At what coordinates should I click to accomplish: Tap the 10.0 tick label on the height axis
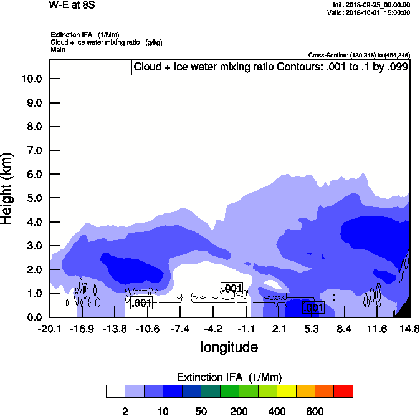(31, 79)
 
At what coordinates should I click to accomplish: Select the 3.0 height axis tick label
(31, 246)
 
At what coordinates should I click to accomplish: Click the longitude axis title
(229, 347)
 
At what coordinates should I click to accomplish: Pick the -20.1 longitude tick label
(49, 329)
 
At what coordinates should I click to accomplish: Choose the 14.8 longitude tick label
(409, 329)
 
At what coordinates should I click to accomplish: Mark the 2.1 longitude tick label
(279, 329)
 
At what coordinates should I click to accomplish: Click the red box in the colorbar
(343, 391)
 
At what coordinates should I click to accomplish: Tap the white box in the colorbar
(115, 391)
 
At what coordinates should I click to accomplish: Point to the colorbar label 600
(315, 411)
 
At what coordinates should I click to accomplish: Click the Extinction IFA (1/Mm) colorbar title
(229, 377)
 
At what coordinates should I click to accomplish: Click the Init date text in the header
(371, 5)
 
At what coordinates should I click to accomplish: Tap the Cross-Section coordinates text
(359, 56)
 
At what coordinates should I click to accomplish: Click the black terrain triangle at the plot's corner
(404, 308)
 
